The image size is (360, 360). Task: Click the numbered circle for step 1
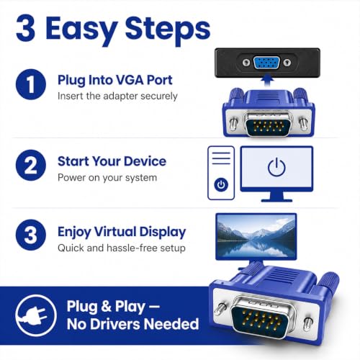tap(31, 84)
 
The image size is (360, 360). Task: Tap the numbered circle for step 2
tap(31, 165)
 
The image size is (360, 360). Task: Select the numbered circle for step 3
tap(31, 235)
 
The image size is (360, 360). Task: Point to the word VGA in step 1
tap(130, 80)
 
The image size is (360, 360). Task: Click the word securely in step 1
tap(159, 96)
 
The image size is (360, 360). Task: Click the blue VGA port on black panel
tap(266, 63)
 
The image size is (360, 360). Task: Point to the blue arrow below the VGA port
tap(267, 80)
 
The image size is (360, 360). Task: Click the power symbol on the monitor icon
tap(276, 167)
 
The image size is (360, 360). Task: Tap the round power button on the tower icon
tap(221, 185)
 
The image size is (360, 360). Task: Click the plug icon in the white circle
tap(34, 315)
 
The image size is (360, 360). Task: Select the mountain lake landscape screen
tap(256, 237)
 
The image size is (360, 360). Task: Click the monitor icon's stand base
tap(276, 200)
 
